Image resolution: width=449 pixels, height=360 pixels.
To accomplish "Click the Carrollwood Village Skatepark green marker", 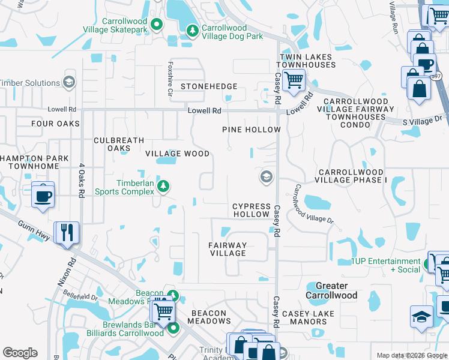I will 157,25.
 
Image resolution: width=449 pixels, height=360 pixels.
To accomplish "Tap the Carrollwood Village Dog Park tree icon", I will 192,31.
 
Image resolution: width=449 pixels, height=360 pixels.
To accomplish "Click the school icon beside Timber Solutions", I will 69,83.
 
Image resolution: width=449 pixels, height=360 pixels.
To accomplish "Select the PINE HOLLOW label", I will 252,130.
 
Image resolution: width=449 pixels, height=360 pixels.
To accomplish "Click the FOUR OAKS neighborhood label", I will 56,124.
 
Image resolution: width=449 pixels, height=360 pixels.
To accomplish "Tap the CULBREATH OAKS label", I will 119,144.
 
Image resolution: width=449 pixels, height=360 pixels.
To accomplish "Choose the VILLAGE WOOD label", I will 178,154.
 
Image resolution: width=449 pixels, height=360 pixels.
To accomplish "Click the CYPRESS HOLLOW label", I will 251,210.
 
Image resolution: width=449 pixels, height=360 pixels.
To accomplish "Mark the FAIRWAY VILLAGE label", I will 228,249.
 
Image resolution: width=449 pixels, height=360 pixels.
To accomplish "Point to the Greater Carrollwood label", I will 331,290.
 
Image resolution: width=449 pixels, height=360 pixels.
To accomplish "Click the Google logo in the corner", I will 20,353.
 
